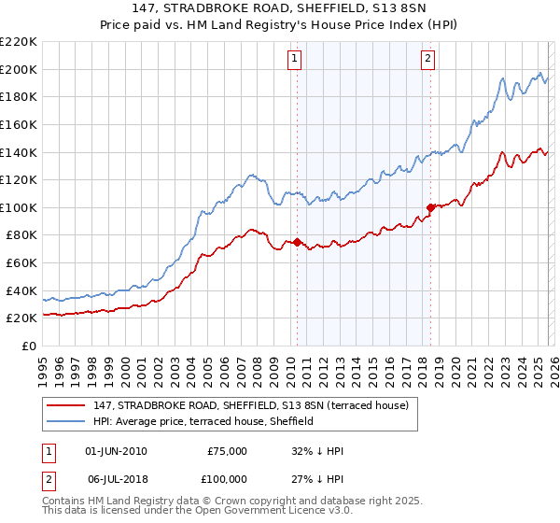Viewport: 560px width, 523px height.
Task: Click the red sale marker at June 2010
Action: click(x=297, y=242)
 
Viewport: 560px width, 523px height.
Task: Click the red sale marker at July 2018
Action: click(x=430, y=207)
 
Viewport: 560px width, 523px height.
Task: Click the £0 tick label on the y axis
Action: click(x=28, y=346)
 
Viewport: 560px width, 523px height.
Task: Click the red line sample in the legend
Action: click(x=67, y=405)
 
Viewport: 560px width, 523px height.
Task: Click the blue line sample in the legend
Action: click(x=67, y=421)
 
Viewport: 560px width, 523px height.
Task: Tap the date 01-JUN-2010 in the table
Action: click(x=116, y=451)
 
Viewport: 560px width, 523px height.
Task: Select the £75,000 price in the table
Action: click(x=227, y=451)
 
